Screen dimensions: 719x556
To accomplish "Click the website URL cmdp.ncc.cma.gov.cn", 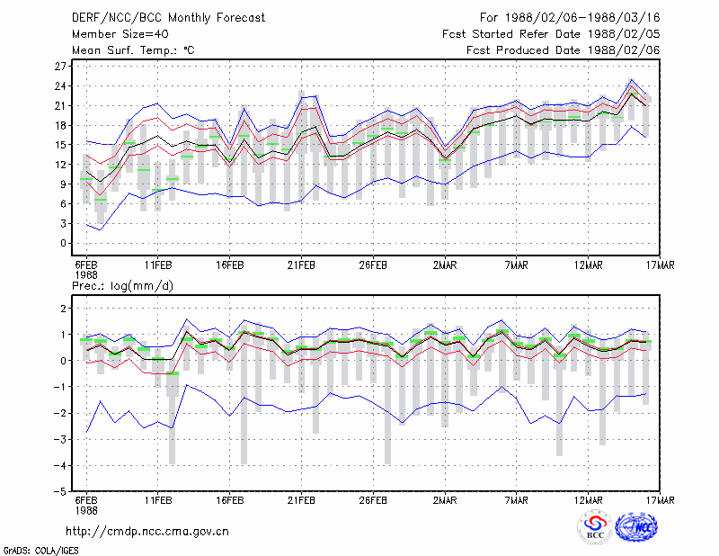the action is pyautogui.click(x=147, y=532).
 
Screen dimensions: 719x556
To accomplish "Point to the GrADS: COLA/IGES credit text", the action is pyautogui.click(x=40, y=551).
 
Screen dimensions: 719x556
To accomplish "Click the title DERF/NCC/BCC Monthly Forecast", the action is pyautogui.click(x=168, y=18).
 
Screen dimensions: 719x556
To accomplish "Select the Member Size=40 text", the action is pyautogui.click(x=120, y=34).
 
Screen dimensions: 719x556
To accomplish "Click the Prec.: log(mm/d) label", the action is pyautogui.click(x=122, y=286).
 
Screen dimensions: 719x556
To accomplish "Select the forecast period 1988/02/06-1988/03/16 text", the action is pyautogui.click(x=582, y=18).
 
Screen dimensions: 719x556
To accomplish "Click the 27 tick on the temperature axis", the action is pyautogui.click(x=60, y=67).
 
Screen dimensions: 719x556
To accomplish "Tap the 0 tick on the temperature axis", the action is pyautogui.click(x=63, y=243).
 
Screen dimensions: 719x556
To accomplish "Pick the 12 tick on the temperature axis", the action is pyautogui.click(x=60, y=165).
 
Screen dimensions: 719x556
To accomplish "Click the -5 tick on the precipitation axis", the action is pyautogui.click(x=60, y=492).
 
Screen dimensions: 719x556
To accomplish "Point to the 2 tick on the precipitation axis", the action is pyautogui.click(x=63, y=309).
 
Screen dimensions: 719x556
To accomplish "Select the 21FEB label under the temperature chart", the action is pyautogui.click(x=301, y=265).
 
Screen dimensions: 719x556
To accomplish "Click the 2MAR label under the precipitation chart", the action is pyautogui.click(x=445, y=500).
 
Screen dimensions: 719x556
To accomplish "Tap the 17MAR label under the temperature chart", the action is pyautogui.click(x=661, y=265).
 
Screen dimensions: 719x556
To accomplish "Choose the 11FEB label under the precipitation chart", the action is pyautogui.click(x=158, y=500).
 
